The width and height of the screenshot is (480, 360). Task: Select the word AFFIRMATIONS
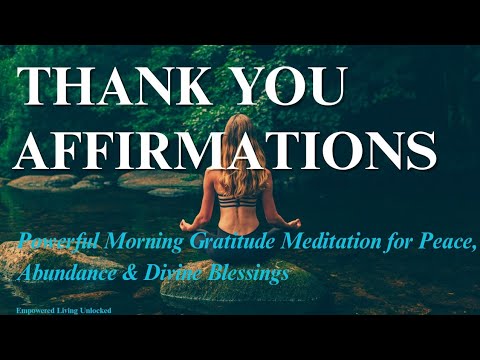tap(226, 149)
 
